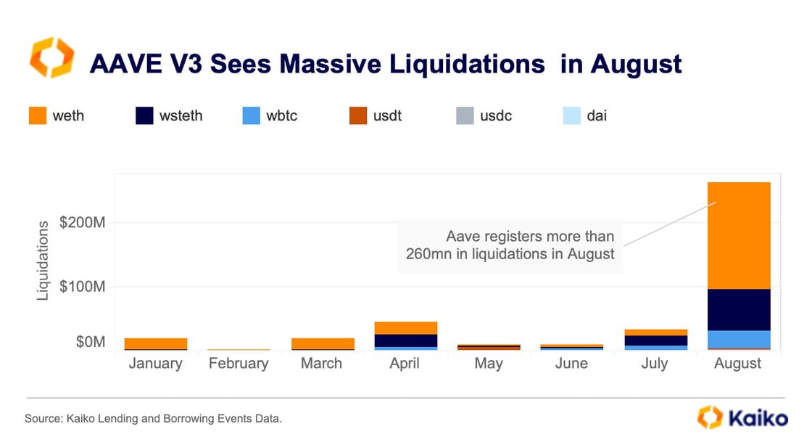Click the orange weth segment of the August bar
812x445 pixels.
click(x=739, y=235)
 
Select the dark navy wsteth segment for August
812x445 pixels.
click(x=739, y=310)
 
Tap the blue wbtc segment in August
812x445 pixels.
click(x=739, y=339)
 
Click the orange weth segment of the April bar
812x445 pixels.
click(x=405, y=328)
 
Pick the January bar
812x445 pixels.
click(x=156, y=343)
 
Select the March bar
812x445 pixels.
click(x=322, y=343)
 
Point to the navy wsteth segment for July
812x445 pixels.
click(x=655, y=340)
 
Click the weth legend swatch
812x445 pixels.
click(x=38, y=115)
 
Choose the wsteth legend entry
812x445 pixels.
click(x=170, y=115)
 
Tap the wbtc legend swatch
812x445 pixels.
click(x=252, y=115)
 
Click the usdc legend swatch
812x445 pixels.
click(x=465, y=115)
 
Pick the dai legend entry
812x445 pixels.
click(x=586, y=115)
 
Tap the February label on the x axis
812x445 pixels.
click(x=239, y=364)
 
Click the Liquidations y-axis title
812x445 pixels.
click(x=44, y=260)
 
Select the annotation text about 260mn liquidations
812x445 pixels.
click(x=510, y=245)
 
